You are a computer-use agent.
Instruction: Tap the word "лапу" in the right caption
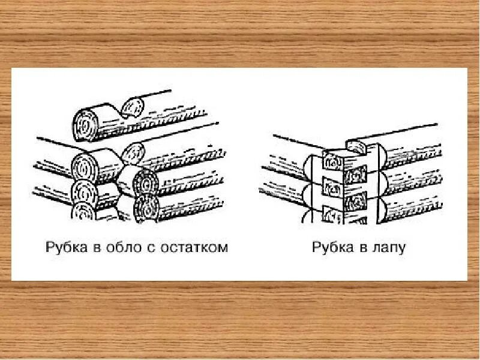[x=387, y=248]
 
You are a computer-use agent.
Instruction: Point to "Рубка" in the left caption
[x=67, y=248]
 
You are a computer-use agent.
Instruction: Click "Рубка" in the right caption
[x=332, y=248]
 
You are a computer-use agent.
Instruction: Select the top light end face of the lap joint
[x=332, y=160]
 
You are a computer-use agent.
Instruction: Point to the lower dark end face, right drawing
[x=355, y=200]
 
